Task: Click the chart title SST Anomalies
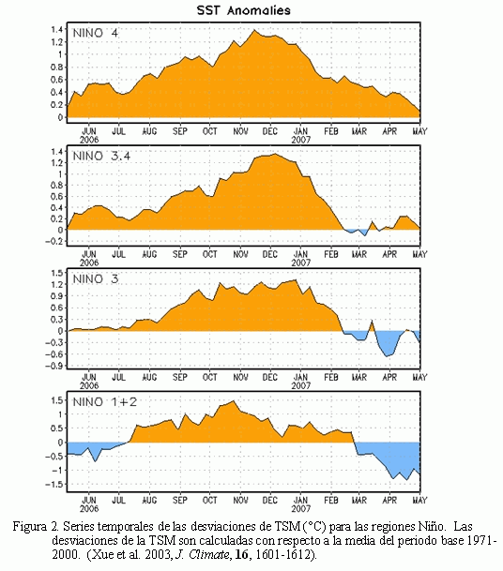(x=243, y=10)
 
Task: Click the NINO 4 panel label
(x=96, y=33)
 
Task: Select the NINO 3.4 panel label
(x=101, y=157)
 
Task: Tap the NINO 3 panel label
(x=96, y=279)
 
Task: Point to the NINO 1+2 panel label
(x=104, y=402)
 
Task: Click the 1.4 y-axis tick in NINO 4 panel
(x=57, y=29)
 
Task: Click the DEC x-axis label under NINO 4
(x=270, y=131)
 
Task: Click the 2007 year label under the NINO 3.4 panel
(x=300, y=263)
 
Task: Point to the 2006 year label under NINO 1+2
(x=89, y=508)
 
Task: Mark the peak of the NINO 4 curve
(x=254, y=30)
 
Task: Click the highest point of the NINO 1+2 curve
(x=234, y=401)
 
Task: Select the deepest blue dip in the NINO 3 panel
(x=388, y=356)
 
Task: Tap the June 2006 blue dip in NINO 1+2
(x=96, y=461)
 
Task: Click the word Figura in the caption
(x=30, y=527)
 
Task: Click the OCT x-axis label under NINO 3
(x=210, y=377)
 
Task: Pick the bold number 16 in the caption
(x=241, y=555)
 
